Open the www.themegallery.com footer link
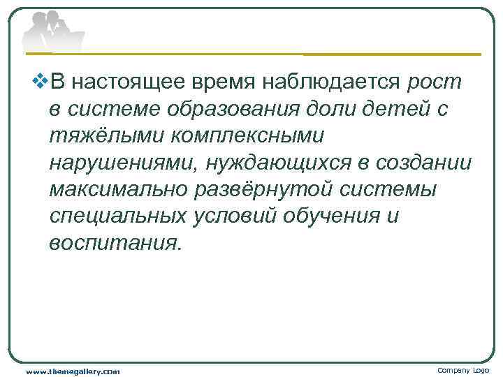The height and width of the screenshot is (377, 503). [x=73, y=371]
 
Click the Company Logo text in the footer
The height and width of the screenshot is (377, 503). [x=463, y=370]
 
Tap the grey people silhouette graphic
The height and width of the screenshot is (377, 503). [x=52, y=32]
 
